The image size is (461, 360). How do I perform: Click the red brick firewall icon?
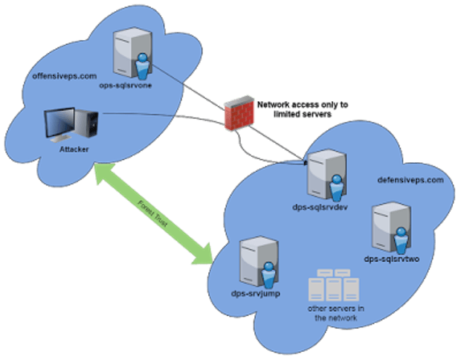[x=239, y=113]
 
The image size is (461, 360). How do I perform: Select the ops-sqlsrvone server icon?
[x=133, y=54]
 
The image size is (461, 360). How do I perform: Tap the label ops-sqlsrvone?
[x=126, y=86]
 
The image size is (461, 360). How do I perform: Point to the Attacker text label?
[x=74, y=150]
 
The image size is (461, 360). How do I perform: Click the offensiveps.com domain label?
[x=65, y=76]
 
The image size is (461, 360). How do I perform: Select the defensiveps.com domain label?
[x=410, y=180]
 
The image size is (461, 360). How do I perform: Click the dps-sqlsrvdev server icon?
[x=326, y=176]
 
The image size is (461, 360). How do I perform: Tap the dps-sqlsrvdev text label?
[x=320, y=207]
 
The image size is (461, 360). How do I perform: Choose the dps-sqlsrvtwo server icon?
[x=391, y=228]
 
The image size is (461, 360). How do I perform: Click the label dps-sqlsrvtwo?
[x=392, y=259]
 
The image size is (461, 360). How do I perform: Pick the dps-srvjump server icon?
[x=259, y=262]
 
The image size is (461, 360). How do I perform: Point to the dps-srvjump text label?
[x=256, y=294]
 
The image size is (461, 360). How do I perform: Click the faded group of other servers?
[x=334, y=286]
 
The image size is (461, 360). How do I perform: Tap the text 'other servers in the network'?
[x=336, y=313]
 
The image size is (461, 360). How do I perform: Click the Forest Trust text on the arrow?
[x=152, y=213]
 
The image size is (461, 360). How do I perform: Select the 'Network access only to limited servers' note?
[x=303, y=109]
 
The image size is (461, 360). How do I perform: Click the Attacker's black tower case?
[x=87, y=123]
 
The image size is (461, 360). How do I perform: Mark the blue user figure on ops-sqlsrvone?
[x=143, y=66]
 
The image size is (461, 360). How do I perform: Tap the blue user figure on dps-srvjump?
[x=268, y=275]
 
